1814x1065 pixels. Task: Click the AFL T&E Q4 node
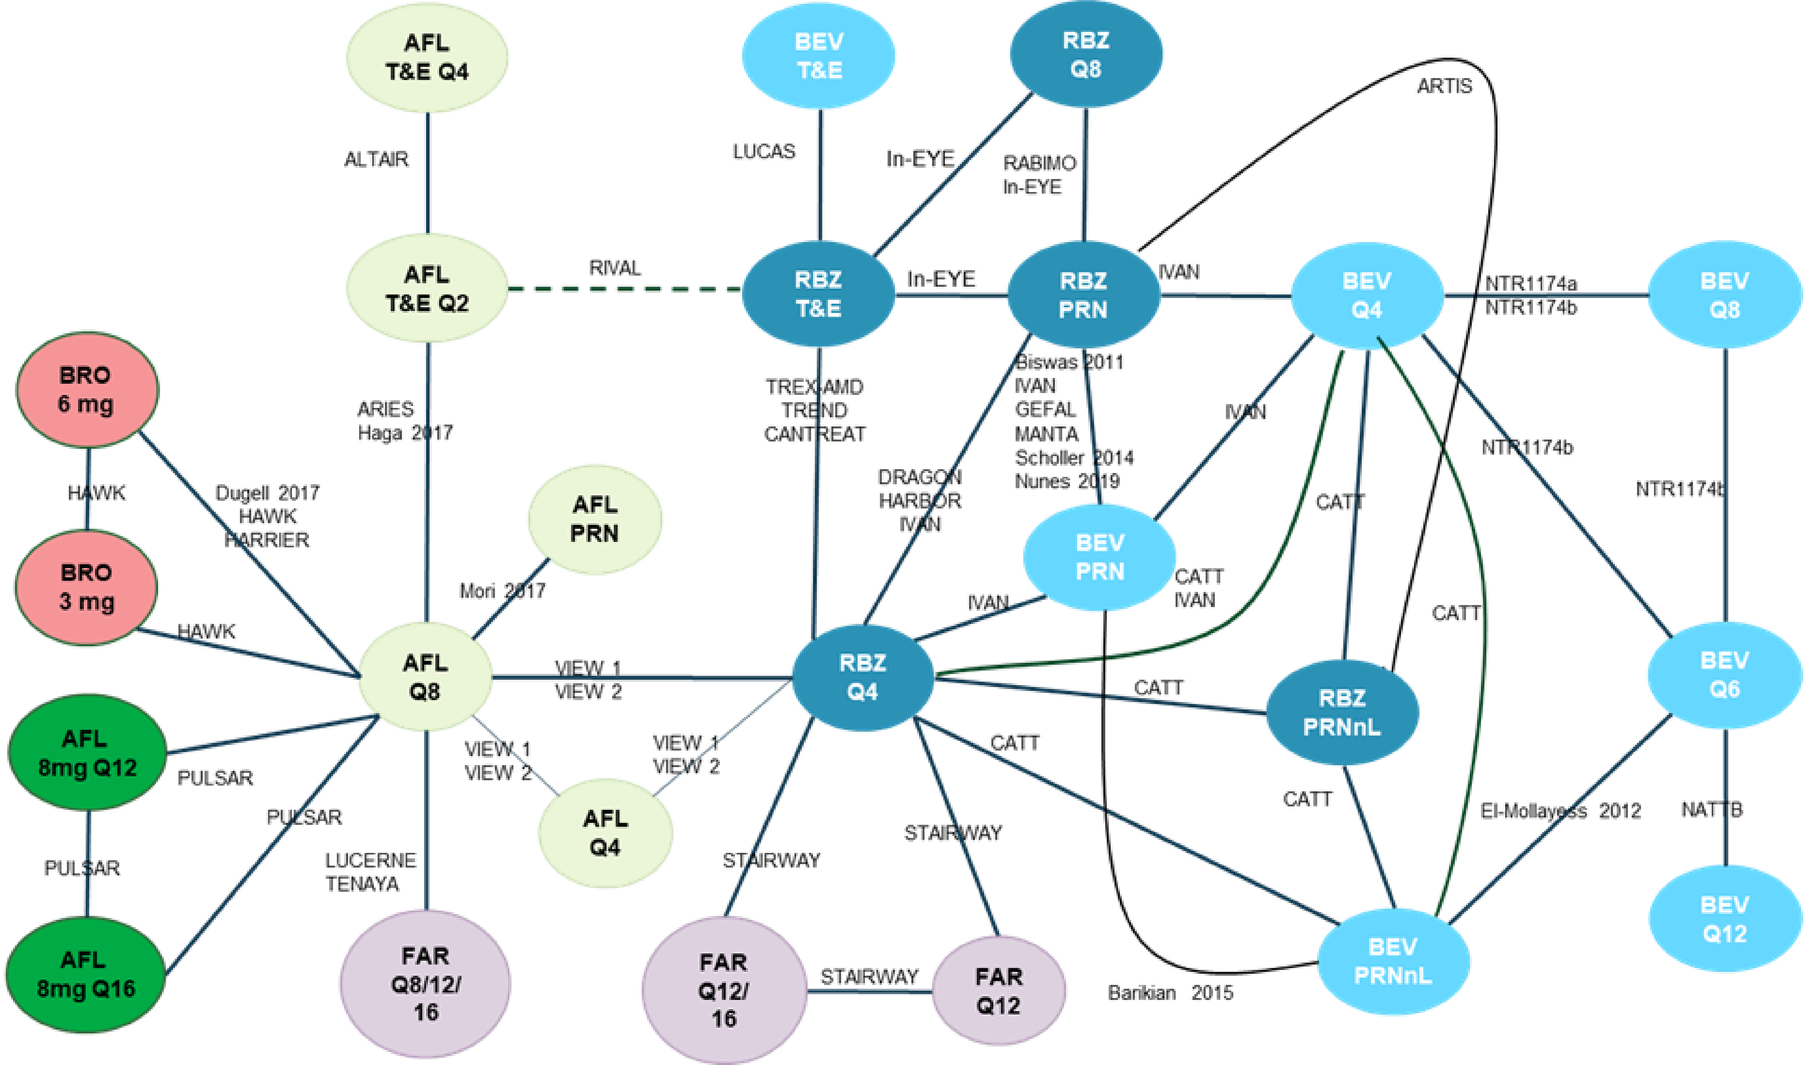(427, 57)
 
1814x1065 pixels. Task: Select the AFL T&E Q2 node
(427, 289)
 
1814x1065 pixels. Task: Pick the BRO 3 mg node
(87, 587)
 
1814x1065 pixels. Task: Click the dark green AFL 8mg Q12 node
(87, 753)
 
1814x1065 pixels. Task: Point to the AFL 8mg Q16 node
(85, 974)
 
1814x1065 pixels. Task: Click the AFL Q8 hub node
(425, 677)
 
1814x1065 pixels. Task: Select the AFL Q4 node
(605, 833)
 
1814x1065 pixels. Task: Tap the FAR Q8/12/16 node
(425, 983)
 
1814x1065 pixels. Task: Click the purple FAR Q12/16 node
(724, 990)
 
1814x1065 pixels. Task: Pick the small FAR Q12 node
(998, 991)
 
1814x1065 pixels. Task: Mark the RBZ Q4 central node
(862, 677)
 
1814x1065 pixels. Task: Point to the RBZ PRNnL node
(1341, 712)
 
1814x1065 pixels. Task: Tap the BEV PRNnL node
(1392, 961)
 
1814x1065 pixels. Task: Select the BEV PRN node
(1099, 557)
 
